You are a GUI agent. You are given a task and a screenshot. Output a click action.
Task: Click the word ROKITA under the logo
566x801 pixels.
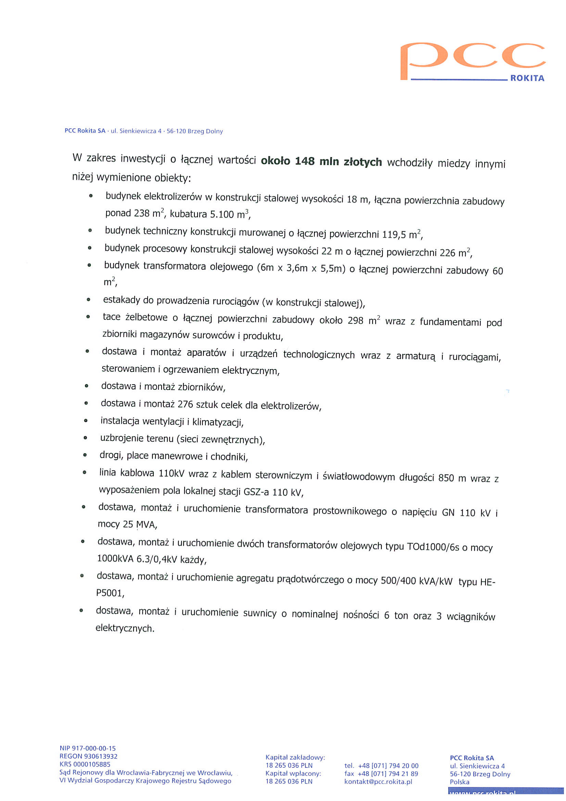[527, 78]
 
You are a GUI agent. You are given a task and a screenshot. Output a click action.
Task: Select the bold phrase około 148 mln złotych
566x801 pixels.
[321, 161]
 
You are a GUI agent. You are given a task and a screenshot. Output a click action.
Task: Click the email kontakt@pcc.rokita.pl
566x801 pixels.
[378, 782]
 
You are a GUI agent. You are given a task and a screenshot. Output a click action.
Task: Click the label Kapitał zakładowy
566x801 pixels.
[295, 757]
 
